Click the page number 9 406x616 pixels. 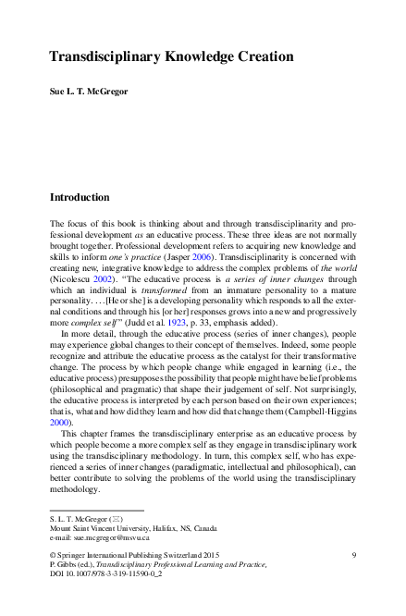coord(355,553)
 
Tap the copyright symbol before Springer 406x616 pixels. coord(52,553)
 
